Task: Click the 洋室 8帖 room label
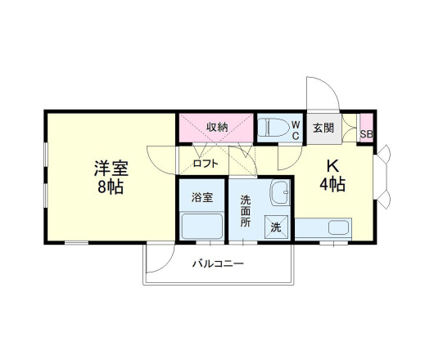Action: pos(109,178)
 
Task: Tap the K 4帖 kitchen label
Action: pos(332,174)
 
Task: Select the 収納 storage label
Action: pos(217,127)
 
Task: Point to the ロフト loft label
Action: pos(206,164)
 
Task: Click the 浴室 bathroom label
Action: pos(202,197)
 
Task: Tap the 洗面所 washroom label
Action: pos(246,209)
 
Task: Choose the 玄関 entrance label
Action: pos(323,128)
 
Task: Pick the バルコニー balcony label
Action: pos(218,263)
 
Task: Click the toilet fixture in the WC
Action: pos(272,128)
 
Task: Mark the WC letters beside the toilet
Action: pos(296,129)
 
